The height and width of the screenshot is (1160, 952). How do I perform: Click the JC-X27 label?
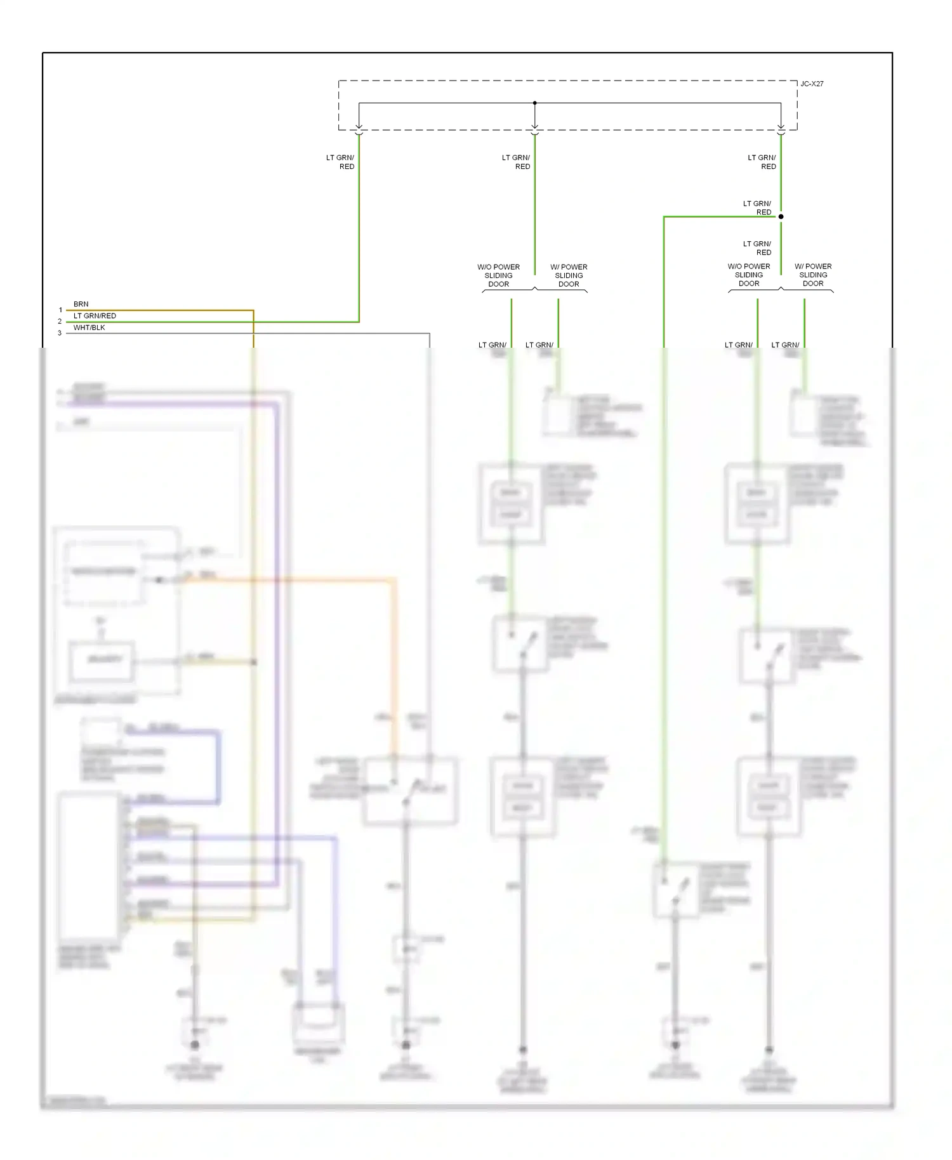click(812, 84)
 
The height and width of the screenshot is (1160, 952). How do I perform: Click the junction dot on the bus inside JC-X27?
click(534, 103)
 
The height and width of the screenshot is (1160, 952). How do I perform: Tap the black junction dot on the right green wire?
click(781, 216)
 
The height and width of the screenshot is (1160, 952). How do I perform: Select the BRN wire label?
click(81, 304)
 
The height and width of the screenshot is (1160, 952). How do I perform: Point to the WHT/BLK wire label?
click(89, 327)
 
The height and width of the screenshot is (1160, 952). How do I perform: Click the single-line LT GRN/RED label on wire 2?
click(95, 315)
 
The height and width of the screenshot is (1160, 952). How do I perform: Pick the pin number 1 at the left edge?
click(60, 310)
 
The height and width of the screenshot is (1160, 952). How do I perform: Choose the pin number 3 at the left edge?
click(60, 333)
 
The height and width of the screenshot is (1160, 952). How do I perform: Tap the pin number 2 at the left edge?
click(60, 322)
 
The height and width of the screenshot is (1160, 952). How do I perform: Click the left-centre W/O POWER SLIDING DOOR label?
click(498, 275)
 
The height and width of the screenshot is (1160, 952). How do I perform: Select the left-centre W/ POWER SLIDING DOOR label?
click(569, 275)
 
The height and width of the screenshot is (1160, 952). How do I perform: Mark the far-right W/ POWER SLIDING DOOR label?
click(813, 275)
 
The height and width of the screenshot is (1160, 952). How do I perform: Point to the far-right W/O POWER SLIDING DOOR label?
click(749, 275)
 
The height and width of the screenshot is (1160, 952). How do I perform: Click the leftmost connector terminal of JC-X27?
click(359, 131)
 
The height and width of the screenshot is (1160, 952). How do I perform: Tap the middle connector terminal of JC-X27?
click(534, 131)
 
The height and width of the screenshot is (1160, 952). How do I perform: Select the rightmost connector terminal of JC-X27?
click(781, 131)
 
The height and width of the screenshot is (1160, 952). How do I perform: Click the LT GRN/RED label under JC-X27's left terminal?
click(341, 162)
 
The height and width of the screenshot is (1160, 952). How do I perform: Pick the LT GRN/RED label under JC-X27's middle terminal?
click(516, 162)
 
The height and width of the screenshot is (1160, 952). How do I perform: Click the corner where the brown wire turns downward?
click(253, 310)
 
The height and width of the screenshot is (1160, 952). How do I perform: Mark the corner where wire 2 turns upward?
click(359, 322)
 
